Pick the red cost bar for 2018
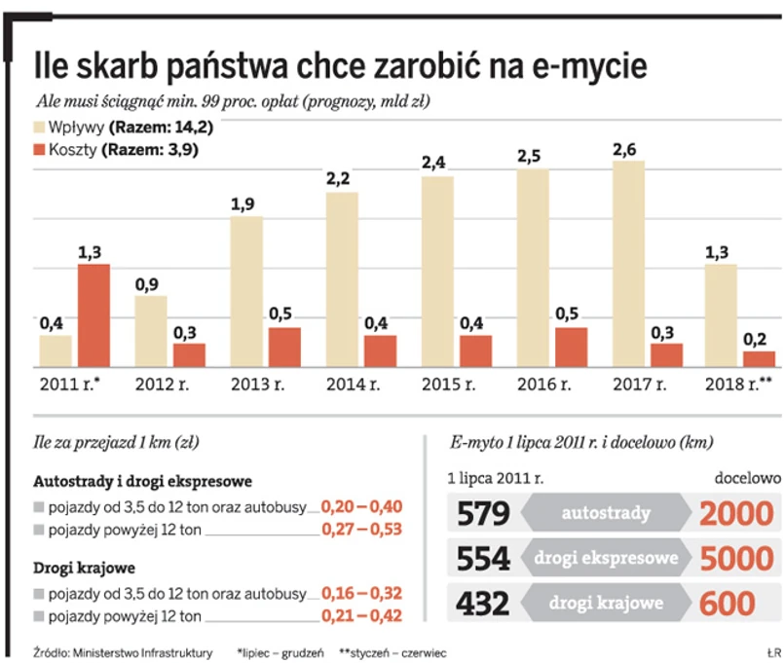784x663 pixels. tap(759, 359)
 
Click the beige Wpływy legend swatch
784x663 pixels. tap(40, 127)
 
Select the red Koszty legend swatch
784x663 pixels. tap(40, 150)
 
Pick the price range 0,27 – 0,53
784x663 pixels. tap(361, 530)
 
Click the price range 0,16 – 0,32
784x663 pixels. tap(361, 592)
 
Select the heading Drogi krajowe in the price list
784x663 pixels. tap(84, 568)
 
